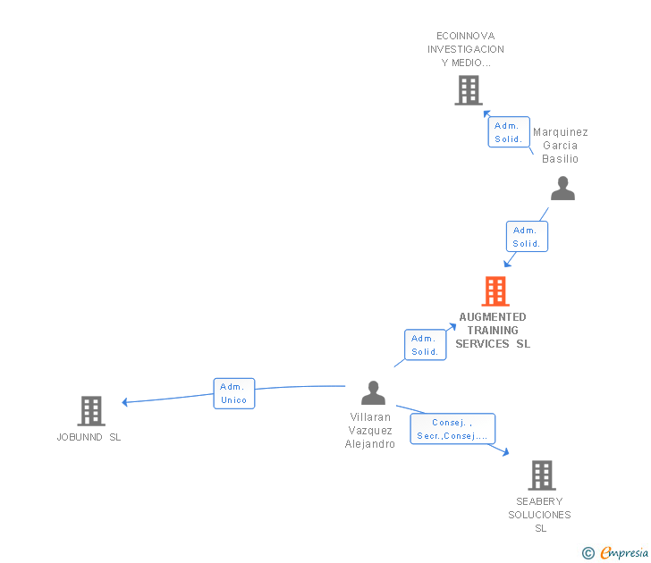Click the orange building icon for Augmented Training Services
coord(495,291)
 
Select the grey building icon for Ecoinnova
coord(468,90)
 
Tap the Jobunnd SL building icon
coord(90,411)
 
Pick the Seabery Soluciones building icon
coord(541,475)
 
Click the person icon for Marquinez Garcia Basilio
coord(562,189)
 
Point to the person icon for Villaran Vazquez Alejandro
coord(373,392)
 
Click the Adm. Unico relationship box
coord(234,393)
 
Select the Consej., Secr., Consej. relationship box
coord(452,429)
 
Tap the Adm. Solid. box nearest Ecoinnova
coord(509,132)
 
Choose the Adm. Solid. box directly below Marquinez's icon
coord(527,237)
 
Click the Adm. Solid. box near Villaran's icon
coord(425,345)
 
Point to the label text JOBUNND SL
coord(89,437)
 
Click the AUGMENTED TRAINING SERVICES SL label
coord(493,330)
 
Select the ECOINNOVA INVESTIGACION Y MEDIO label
coord(466,49)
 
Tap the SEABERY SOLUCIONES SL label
coord(540,515)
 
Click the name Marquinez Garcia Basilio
coord(561,146)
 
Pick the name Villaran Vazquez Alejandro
coord(370,431)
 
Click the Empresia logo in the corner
coord(616,552)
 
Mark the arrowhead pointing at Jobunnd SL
coord(125,402)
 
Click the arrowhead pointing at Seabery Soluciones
coord(505,452)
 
